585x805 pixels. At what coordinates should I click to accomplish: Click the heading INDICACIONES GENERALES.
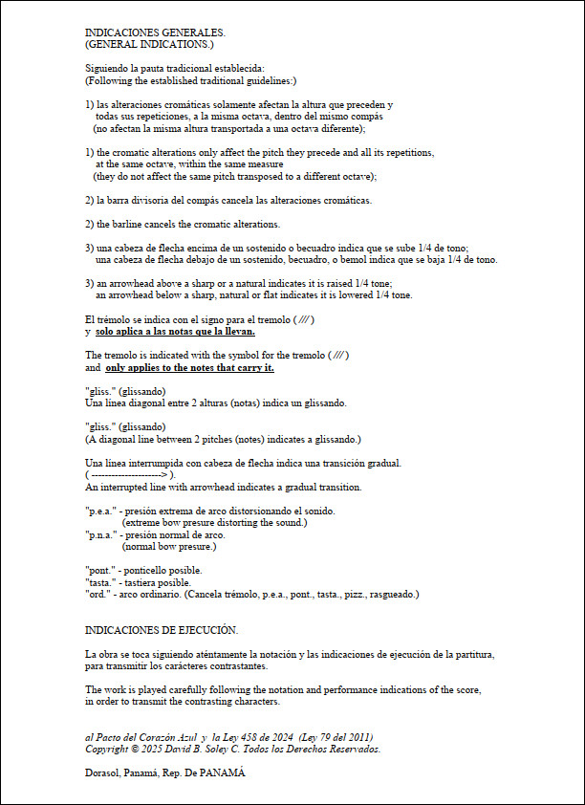point(155,33)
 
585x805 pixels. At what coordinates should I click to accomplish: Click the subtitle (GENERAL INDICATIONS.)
point(149,44)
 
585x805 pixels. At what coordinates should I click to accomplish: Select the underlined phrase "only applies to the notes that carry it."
point(189,367)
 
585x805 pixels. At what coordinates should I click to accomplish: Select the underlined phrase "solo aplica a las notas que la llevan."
point(175,332)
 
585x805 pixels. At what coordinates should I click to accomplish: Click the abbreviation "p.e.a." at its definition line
point(100,511)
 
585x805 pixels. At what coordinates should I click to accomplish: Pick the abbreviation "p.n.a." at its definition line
point(100,535)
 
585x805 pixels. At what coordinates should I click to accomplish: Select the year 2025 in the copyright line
point(148,749)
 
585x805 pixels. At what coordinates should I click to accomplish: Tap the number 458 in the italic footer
point(270,736)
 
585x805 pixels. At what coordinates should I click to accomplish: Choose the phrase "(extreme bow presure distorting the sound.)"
point(214,523)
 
